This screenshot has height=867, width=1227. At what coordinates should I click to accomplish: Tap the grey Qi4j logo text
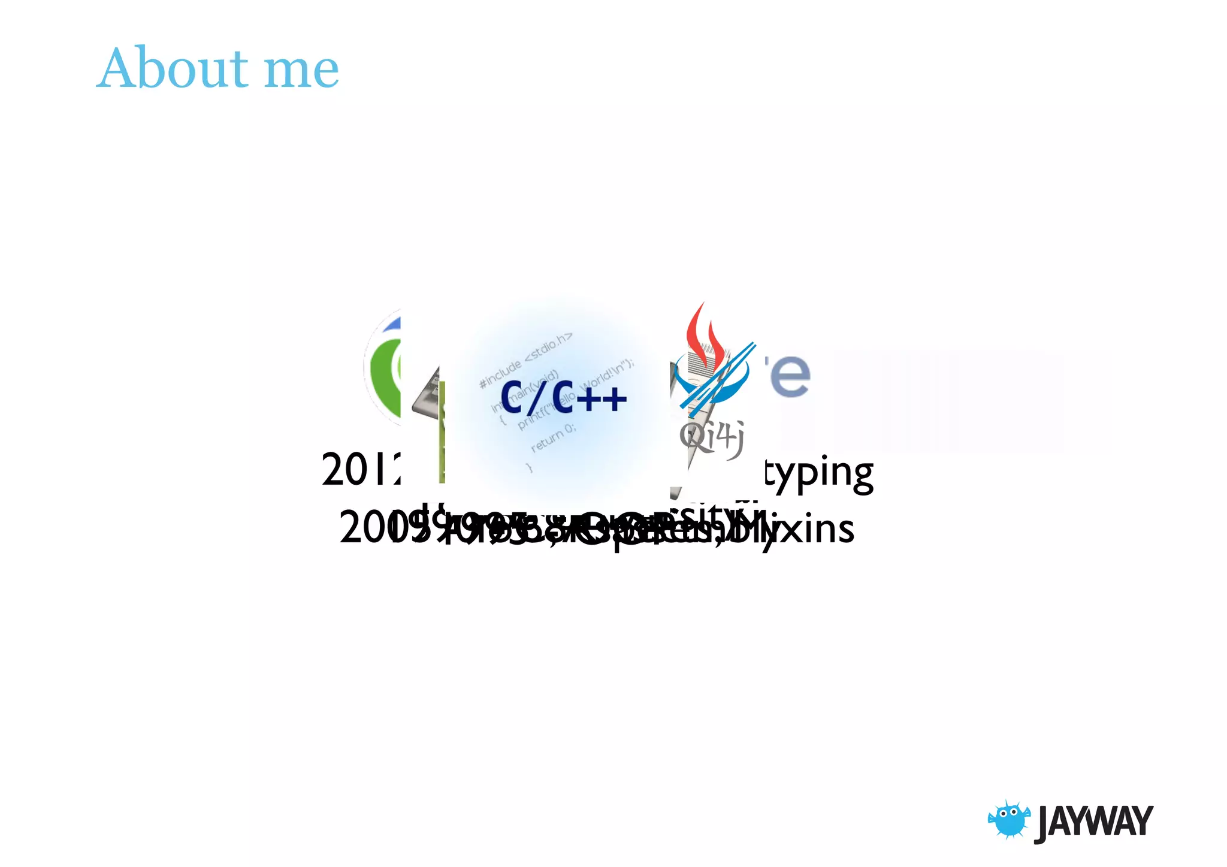coord(712,437)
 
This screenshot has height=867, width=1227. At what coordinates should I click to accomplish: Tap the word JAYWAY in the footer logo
coord(1093,821)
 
